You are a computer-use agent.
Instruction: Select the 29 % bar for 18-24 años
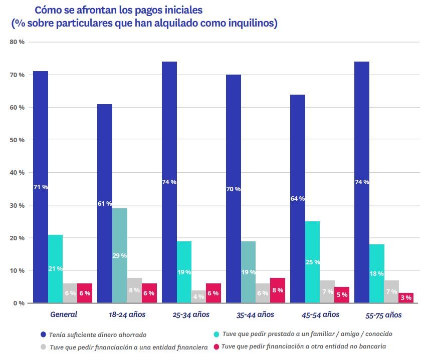click(119, 255)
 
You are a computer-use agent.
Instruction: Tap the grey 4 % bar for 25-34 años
click(198, 296)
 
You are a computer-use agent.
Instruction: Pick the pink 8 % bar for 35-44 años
click(278, 290)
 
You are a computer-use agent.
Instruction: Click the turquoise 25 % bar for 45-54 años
click(312, 262)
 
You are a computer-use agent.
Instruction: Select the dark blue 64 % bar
click(297, 198)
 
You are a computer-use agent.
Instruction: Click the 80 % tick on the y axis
click(17, 42)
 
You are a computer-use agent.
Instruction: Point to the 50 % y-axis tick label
click(17, 140)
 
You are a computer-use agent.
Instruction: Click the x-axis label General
click(63, 315)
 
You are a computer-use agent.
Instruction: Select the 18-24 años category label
click(127, 315)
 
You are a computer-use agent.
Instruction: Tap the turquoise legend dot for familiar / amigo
click(216, 333)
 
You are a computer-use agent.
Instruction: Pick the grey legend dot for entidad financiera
click(44, 346)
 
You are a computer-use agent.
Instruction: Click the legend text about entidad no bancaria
click(303, 346)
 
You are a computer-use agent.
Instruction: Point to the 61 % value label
click(105, 204)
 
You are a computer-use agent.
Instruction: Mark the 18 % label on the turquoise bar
click(377, 274)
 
